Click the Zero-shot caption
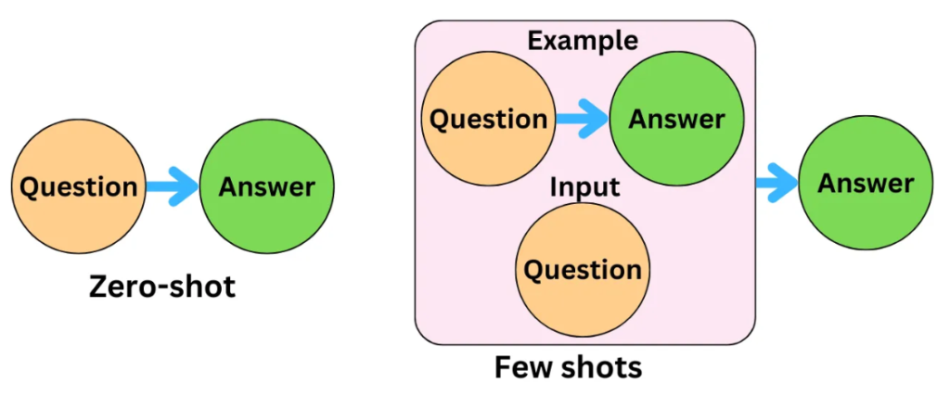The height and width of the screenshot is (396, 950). pos(161,287)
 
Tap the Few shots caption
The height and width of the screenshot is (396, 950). pos(568,367)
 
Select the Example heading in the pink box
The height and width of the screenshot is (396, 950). pos(583,41)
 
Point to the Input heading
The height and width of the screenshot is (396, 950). pos(584,186)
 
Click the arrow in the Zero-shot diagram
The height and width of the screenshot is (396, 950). pos(173,186)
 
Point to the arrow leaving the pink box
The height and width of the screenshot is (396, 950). pos(776,183)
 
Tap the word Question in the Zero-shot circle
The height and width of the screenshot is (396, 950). pos(79,186)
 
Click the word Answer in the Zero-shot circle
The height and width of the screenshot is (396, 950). pos(267,186)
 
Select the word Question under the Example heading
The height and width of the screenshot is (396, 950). pos(489,120)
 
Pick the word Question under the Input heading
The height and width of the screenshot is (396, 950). pos(583,270)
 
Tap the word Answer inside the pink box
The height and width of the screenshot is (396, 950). pos(676,120)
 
